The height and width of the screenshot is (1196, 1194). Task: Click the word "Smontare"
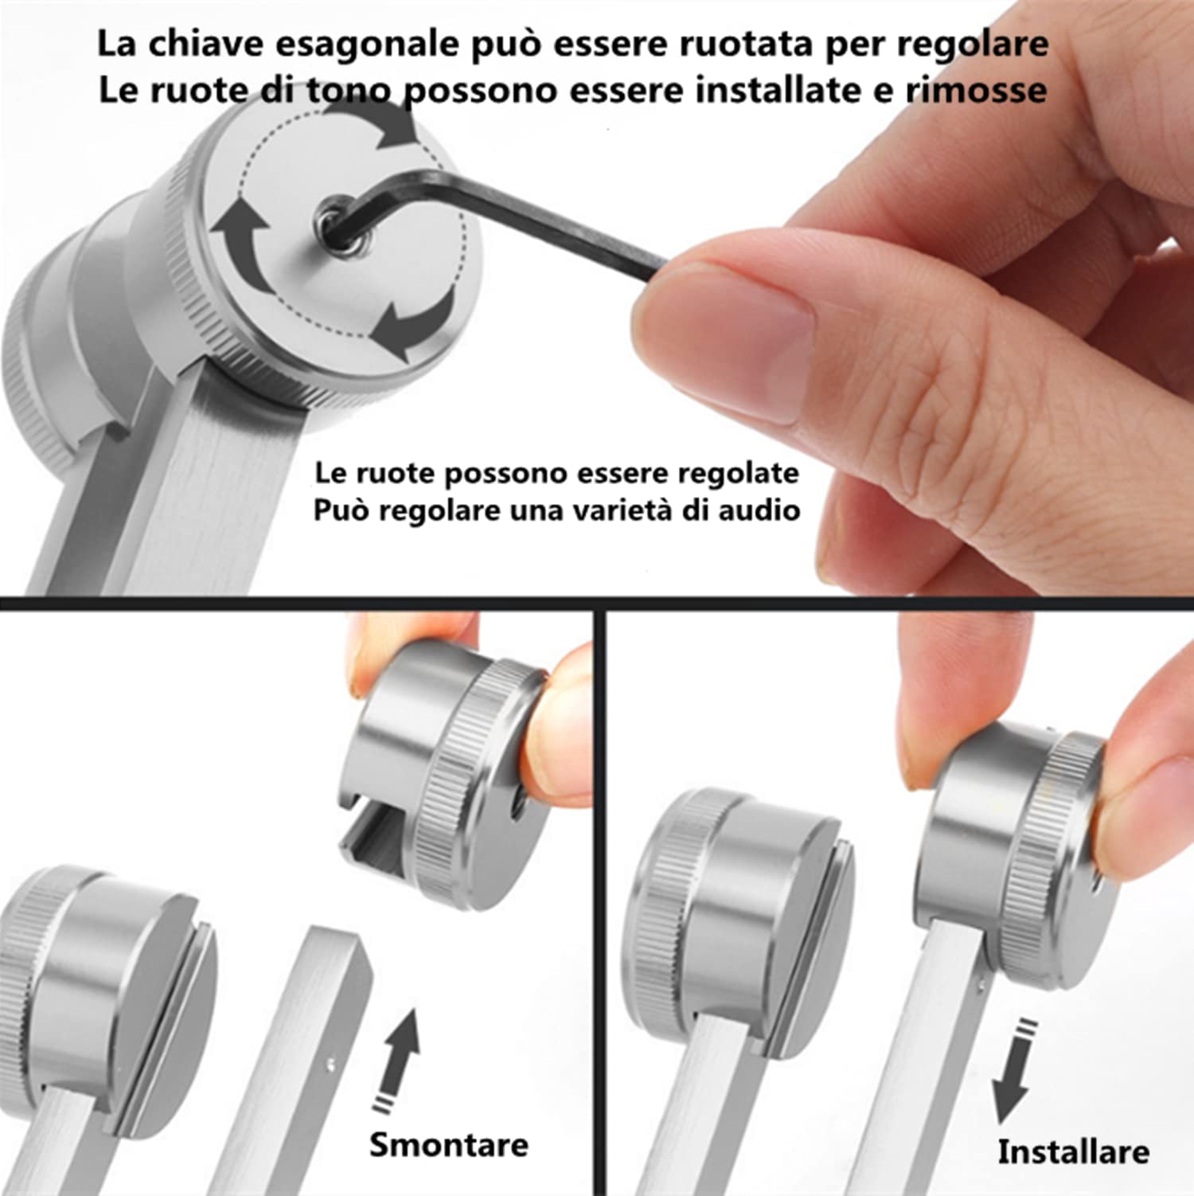pyautogui.click(x=448, y=1145)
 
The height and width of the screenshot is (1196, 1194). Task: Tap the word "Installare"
pyautogui.click(x=1073, y=1152)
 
